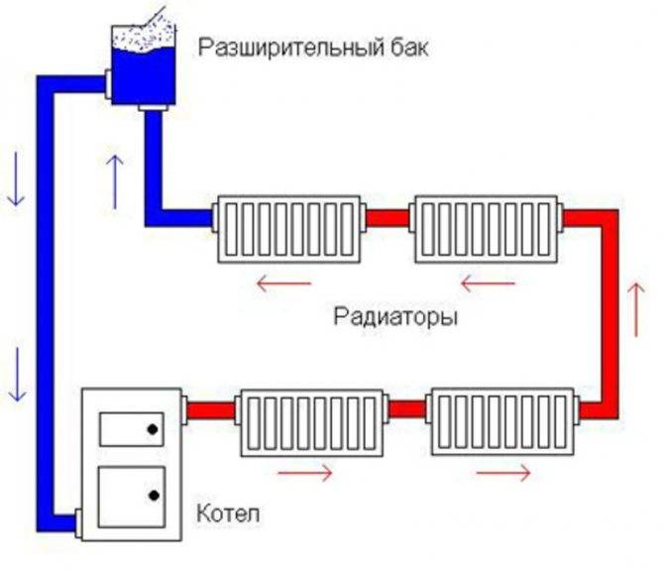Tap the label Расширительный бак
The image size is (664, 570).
[314, 48]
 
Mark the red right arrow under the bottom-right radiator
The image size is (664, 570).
[502, 473]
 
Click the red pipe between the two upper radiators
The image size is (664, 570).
[388, 217]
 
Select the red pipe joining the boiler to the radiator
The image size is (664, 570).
[211, 408]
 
